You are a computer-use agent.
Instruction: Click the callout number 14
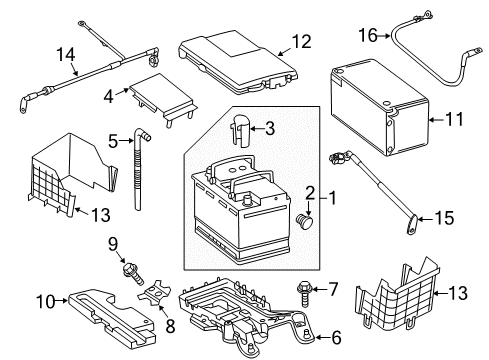click(66, 54)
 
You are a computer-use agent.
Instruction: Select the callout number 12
click(301, 41)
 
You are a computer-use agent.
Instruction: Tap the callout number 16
click(368, 35)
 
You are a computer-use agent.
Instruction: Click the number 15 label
click(444, 218)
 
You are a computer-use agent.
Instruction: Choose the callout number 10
click(46, 301)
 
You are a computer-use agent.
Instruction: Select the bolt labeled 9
click(133, 274)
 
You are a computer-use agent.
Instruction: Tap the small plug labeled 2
click(305, 222)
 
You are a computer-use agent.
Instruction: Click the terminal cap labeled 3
click(241, 131)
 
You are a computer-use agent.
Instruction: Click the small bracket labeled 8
click(154, 293)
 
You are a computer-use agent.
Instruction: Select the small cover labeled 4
click(163, 99)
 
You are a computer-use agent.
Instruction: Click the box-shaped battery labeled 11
click(380, 107)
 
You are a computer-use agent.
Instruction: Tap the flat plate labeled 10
click(112, 318)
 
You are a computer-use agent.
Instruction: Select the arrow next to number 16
click(384, 36)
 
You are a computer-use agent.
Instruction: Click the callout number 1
click(332, 198)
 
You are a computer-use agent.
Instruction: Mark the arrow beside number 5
click(126, 141)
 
